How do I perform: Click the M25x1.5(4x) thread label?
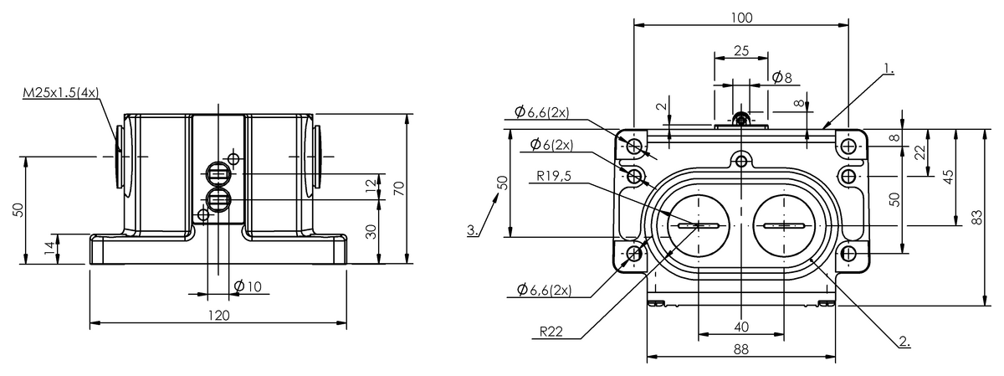pyautogui.click(x=59, y=93)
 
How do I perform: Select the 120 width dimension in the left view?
pyautogui.click(x=218, y=315)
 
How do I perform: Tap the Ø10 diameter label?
pyautogui.click(x=248, y=286)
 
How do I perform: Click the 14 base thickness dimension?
pyautogui.click(x=49, y=248)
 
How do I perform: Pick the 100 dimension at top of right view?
pyautogui.click(x=741, y=18)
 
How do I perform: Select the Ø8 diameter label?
pyautogui.click(x=781, y=77)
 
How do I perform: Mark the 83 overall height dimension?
pyautogui.click(x=976, y=216)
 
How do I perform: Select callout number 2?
pyautogui.click(x=904, y=341)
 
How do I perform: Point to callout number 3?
pyautogui.click(x=473, y=229)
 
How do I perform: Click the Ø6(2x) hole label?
pyautogui.click(x=551, y=145)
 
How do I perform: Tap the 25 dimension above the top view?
pyautogui.click(x=741, y=50)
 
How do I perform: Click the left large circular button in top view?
pyautogui.click(x=698, y=226)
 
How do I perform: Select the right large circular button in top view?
pyautogui.click(x=784, y=226)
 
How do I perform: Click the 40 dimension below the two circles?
pyautogui.click(x=741, y=325)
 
